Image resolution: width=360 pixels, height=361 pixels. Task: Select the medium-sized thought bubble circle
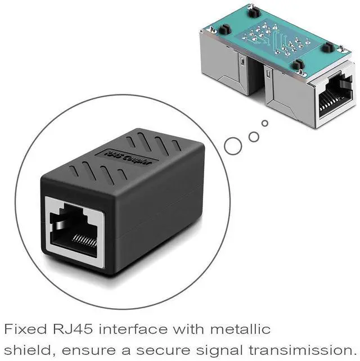click(x=254, y=135)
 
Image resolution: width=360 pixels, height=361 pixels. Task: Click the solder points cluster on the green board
click(x=276, y=39)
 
